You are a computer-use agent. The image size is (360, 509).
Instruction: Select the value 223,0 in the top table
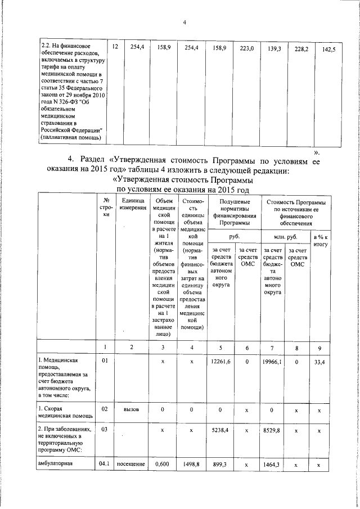pos(247,49)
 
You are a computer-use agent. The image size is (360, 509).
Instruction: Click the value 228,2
pos(301,49)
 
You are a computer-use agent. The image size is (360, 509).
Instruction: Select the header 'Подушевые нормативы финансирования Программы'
pos(235,213)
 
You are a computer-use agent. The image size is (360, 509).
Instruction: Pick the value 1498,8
pos(192,465)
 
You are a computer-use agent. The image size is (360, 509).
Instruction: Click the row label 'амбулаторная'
pos(57,464)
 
